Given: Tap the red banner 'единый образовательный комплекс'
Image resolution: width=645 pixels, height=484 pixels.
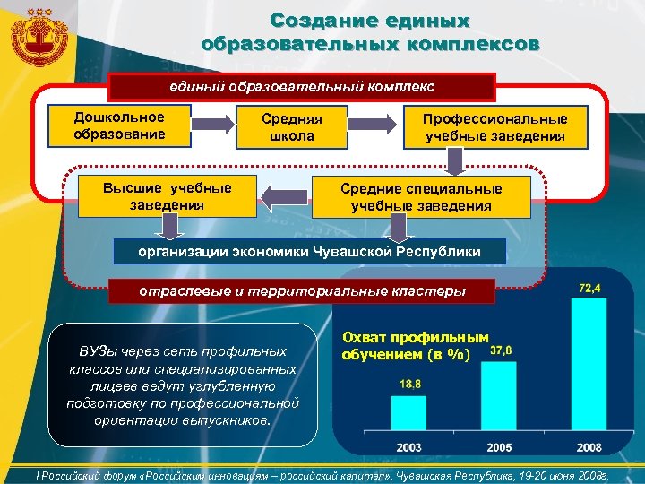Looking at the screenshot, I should coord(302,87).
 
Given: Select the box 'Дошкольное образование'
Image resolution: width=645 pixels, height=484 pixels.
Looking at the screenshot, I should coord(119,125).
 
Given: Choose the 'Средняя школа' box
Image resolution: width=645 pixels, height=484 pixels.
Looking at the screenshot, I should coord(291,127).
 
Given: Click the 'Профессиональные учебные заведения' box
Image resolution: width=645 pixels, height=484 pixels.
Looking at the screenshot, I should coord(495,127).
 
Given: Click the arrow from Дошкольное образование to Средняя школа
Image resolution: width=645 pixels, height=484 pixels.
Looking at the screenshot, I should coord(214,125).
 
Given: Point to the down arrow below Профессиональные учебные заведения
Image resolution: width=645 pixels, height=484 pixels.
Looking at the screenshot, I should coord(456,160).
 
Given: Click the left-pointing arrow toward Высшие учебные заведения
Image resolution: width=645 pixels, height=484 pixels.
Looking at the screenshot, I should coord(285,196).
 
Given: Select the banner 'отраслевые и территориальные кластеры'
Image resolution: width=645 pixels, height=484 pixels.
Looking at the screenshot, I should coord(302,290).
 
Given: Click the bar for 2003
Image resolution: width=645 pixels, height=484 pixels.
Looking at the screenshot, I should coord(408,413).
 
